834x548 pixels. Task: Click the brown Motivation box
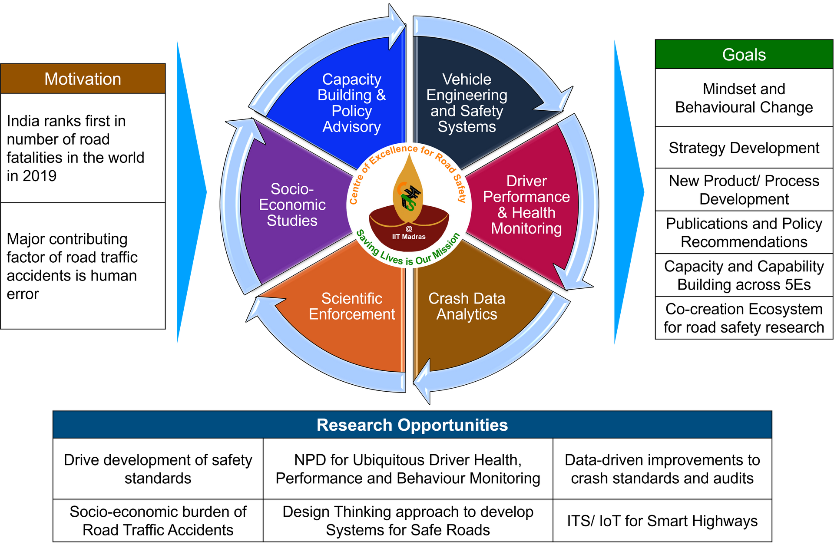tap(83, 79)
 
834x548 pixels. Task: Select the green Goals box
tap(744, 54)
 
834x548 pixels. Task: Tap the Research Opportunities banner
tap(412, 425)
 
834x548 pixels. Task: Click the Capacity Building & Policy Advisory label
tap(351, 103)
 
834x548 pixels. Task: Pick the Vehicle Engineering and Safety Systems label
tap(467, 103)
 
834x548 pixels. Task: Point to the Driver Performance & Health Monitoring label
tap(526, 205)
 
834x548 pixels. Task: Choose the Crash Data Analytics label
tap(467, 306)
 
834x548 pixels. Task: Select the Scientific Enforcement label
tap(351, 306)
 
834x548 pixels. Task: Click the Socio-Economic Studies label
tap(292, 205)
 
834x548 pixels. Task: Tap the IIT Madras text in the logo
tap(409, 237)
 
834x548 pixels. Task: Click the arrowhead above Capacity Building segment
tap(397, 26)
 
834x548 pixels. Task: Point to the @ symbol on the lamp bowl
tap(409, 229)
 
